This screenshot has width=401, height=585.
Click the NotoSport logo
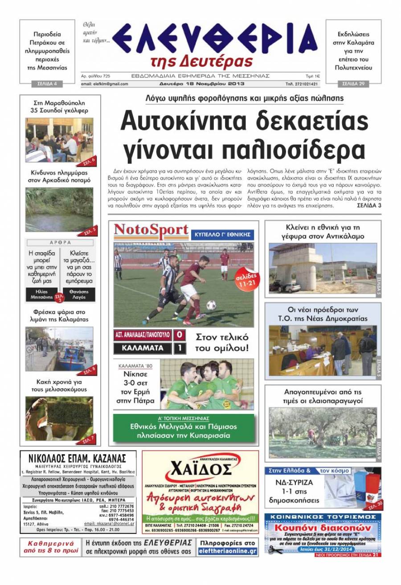tap(151, 231)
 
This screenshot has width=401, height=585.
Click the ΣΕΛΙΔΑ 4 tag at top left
tap(47, 84)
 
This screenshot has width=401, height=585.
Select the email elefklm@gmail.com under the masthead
tap(105, 84)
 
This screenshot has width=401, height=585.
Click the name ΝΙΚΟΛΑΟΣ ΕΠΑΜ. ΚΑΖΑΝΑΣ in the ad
tap(78, 458)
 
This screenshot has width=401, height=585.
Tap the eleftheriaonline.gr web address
tap(228, 552)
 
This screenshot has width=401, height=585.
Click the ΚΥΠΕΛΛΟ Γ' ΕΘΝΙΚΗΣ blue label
tap(222, 234)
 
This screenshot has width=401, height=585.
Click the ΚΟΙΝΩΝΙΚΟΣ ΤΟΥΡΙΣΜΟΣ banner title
tap(323, 517)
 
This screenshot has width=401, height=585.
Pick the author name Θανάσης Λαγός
tap(79, 295)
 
